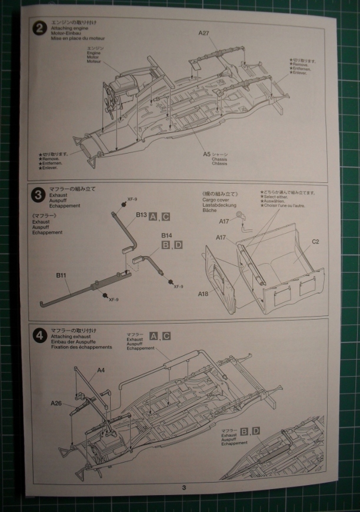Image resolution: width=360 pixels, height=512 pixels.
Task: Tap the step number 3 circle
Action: coord(38,194)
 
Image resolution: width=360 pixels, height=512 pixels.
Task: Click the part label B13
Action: coord(141,215)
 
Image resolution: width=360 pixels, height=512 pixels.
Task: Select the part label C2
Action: coord(315,242)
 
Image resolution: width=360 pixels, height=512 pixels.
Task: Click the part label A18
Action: coord(204,293)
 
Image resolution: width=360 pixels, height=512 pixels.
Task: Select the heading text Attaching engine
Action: coord(66,28)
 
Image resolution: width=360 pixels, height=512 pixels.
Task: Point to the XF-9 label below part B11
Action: coord(114,299)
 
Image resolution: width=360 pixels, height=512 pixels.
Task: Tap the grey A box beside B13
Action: coord(154,215)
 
